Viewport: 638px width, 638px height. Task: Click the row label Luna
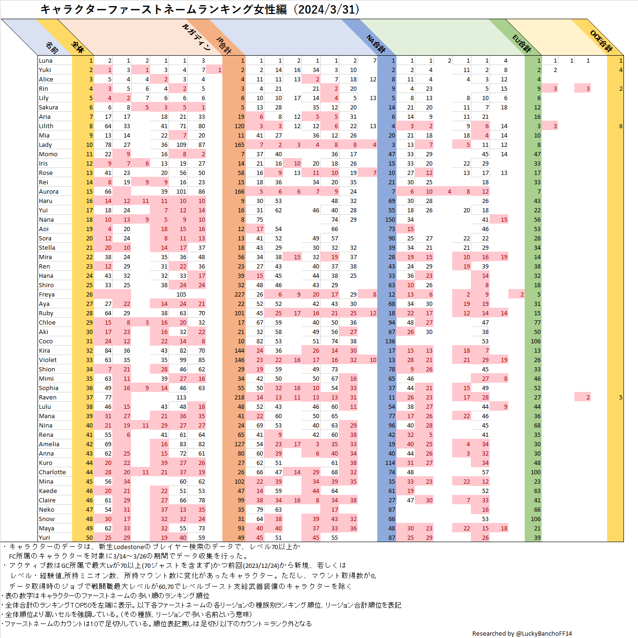(x=45, y=61)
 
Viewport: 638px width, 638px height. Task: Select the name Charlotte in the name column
(x=52, y=472)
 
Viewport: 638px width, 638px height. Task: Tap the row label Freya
(x=46, y=295)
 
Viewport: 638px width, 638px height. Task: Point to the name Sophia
(x=48, y=388)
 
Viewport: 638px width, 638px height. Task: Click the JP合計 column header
(x=224, y=44)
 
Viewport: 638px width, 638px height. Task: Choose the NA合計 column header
(x=375, y=43)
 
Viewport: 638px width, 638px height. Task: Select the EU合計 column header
(x=521, y=43)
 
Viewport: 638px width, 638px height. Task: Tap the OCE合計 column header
(x=601, y=41)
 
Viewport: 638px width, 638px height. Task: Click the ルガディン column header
(x=196, y=36)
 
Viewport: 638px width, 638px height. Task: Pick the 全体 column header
(x=78, y=47)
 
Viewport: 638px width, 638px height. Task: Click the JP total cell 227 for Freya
(x=239, y=295)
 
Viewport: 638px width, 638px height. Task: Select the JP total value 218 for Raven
(x=239, y=398)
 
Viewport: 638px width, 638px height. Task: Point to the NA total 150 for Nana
(x=390, y=220)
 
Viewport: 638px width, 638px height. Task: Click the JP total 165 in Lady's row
(x=239, y=145)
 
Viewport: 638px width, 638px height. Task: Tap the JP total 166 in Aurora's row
(x=239, y=192)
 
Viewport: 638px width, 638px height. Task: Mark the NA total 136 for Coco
(x=390, y=341)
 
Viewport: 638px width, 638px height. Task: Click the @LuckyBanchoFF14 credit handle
(x=543, y=633)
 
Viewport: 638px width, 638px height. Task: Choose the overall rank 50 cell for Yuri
(x=89, y=538)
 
